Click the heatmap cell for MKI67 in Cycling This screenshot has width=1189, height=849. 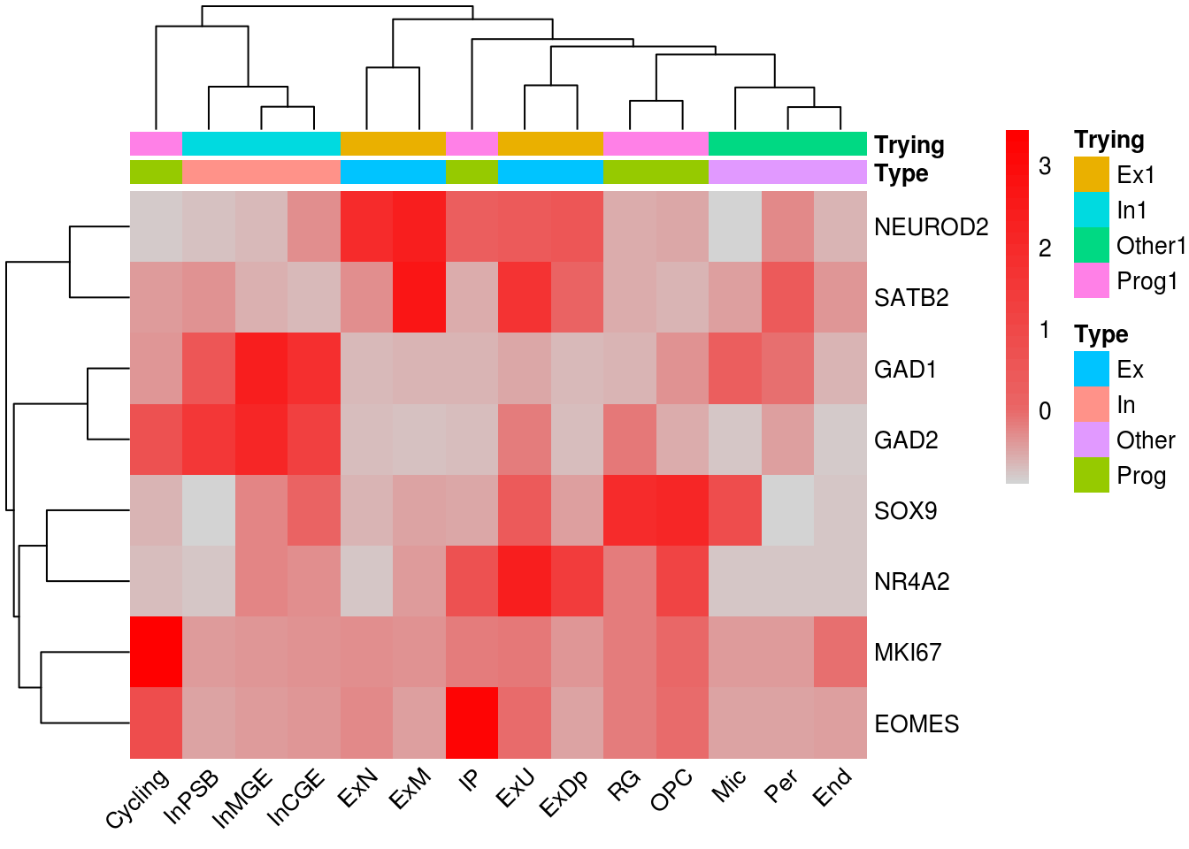point(156,652)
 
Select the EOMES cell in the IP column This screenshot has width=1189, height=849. point(472,723)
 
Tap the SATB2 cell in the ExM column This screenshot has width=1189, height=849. point(419,297)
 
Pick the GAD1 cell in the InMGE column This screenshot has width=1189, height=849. point(261,369)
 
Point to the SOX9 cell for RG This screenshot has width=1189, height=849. point(630,510)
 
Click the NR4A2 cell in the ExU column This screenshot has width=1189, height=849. point(525,581)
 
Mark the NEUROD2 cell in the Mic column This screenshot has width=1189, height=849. point(735,226)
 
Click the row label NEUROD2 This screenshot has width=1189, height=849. point(931,227)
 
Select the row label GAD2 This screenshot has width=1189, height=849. point(906,440)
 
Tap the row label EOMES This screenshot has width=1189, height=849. point(917,724)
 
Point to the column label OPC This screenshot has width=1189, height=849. point(672,790)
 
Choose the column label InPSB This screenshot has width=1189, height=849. point(193,797)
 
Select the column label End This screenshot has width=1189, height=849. point(833,786)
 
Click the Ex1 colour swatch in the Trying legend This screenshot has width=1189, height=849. point(1091,175)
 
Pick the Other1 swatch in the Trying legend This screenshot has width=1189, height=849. point(1091,246)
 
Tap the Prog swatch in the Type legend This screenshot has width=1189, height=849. point(1091,476)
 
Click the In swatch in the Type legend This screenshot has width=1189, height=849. point(1091,405)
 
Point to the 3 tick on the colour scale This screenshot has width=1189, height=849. point(1045,166)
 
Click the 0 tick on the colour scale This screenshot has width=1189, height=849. point(1045,411)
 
